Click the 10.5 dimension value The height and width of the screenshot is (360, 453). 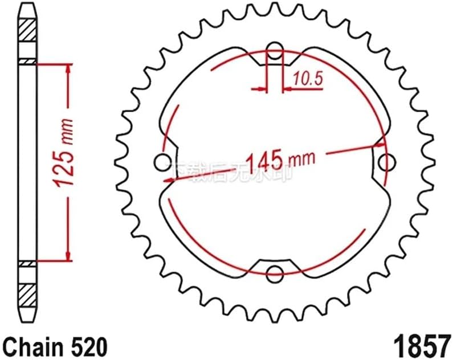[308, 79]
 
